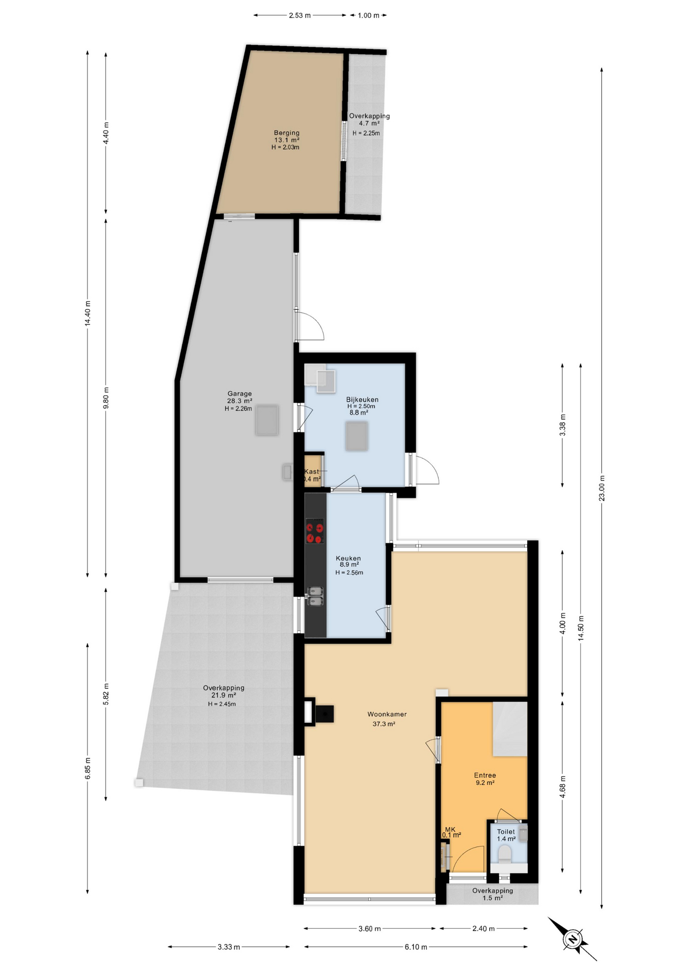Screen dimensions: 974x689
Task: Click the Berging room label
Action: coord(287,133)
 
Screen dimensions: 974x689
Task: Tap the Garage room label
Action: coord(239,394)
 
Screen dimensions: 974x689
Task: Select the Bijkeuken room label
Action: coord(362,400)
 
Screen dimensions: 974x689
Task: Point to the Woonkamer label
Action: coord(387,714)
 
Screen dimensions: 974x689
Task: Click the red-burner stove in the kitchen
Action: coord(315,531)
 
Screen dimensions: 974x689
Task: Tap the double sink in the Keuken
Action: coord(315,596)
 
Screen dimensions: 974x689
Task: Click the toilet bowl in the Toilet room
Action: coord(505,854)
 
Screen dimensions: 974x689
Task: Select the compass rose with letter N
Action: coord(572,939)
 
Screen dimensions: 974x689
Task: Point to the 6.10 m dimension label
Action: coord(416,947)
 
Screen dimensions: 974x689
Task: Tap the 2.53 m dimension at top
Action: coord(299,15)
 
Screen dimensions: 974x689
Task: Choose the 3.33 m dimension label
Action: coord(228,947)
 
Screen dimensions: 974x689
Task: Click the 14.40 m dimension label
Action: coord(87,314)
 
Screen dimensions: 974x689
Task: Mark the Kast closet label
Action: coord(312,472)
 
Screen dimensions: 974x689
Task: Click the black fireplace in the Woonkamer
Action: coord(324,714)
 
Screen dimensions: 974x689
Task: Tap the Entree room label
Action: coord(485,775)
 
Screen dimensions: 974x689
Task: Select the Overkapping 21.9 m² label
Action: coord(223,688)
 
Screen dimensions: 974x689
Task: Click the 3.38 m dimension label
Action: coord(562,425)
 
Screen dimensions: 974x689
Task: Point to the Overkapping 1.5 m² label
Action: coord(492,891)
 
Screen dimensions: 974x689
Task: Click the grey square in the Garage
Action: coord(267,420)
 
